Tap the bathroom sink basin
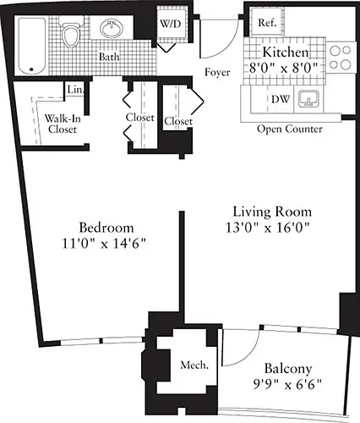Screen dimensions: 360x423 click(112, 28)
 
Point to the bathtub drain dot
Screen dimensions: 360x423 click(31, 69)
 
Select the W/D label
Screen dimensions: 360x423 click(171, 24)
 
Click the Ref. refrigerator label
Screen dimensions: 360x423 click(267, 23)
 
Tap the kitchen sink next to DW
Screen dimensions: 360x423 click(308, 99)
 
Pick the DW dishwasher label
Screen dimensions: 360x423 click(281, 99)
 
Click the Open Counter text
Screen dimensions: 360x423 click(290, 129)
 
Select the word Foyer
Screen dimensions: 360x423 click(217, 73)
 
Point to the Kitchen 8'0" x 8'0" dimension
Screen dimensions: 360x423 click(284, 68)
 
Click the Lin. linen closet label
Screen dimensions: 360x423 click(75, 90)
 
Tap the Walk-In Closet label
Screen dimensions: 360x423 click(63, 124)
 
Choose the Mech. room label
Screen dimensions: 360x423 click(194, 365)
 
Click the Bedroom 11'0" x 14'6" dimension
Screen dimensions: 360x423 click(104, 243)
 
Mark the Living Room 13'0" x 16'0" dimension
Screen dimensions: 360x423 click(268, 228)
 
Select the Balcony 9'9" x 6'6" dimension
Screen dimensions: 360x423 click(287, 384)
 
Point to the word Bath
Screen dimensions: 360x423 click(109, 57)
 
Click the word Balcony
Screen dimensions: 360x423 click(288, 369)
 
